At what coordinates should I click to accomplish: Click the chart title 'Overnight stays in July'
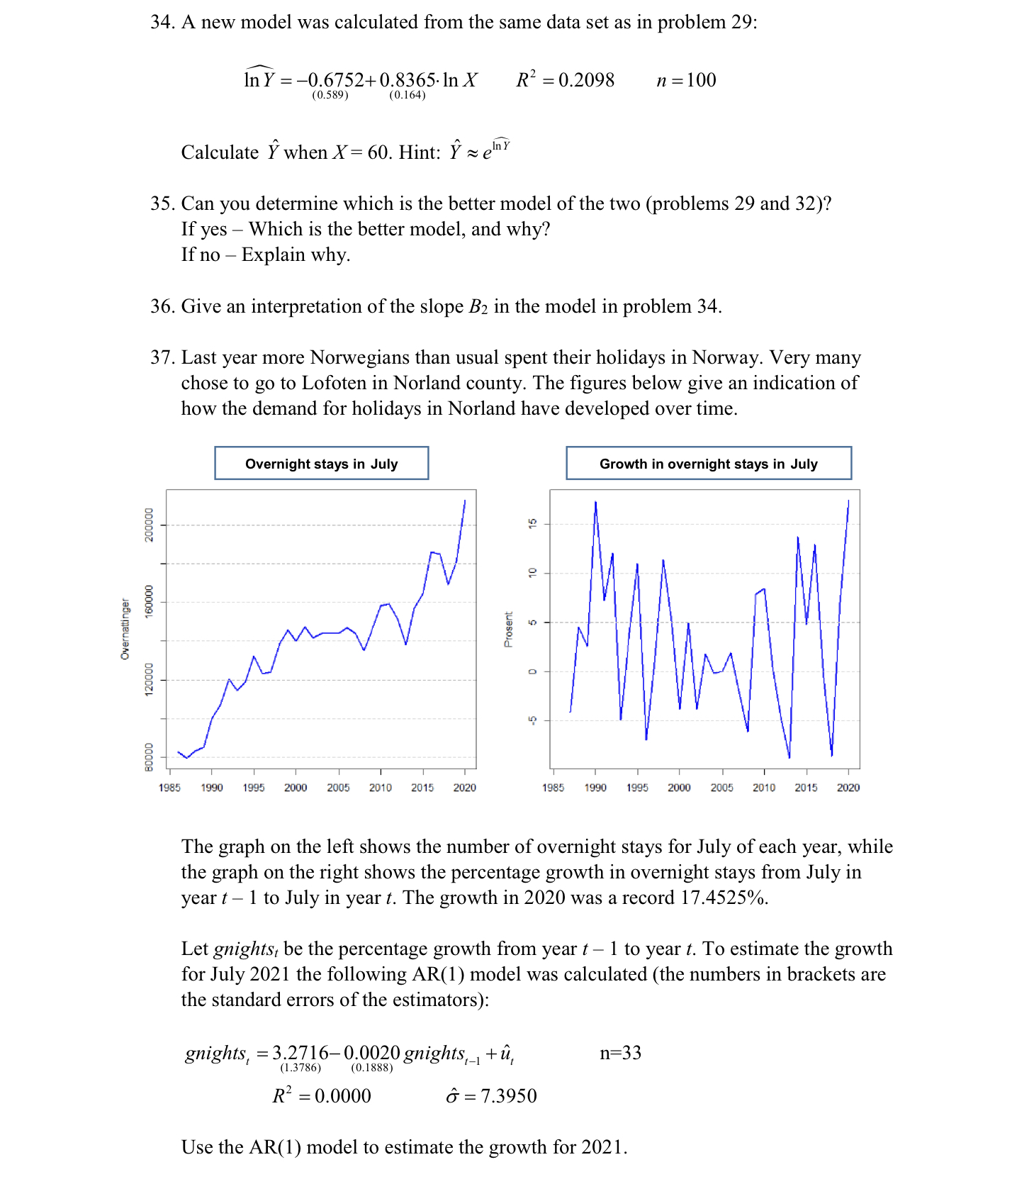321,464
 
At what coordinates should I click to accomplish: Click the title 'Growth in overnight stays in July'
708,464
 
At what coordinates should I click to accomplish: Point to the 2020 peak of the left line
465,501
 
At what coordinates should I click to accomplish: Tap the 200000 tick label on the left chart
149,525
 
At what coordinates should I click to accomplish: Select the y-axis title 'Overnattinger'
125,629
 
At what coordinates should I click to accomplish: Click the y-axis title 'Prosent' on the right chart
508,629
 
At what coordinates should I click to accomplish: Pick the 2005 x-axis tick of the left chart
338,788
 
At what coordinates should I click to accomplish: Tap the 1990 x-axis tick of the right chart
595,788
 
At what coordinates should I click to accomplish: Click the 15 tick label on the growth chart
533,523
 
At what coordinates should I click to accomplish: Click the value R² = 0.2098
565,79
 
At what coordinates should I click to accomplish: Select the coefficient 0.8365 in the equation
408,79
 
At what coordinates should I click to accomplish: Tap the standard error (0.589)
330,95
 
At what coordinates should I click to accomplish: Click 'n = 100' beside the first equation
686,79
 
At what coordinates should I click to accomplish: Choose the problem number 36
162,306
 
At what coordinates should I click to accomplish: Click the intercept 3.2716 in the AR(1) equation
300,1052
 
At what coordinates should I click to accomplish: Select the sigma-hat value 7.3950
508,1096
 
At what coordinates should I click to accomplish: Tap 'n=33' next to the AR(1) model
620,1052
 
